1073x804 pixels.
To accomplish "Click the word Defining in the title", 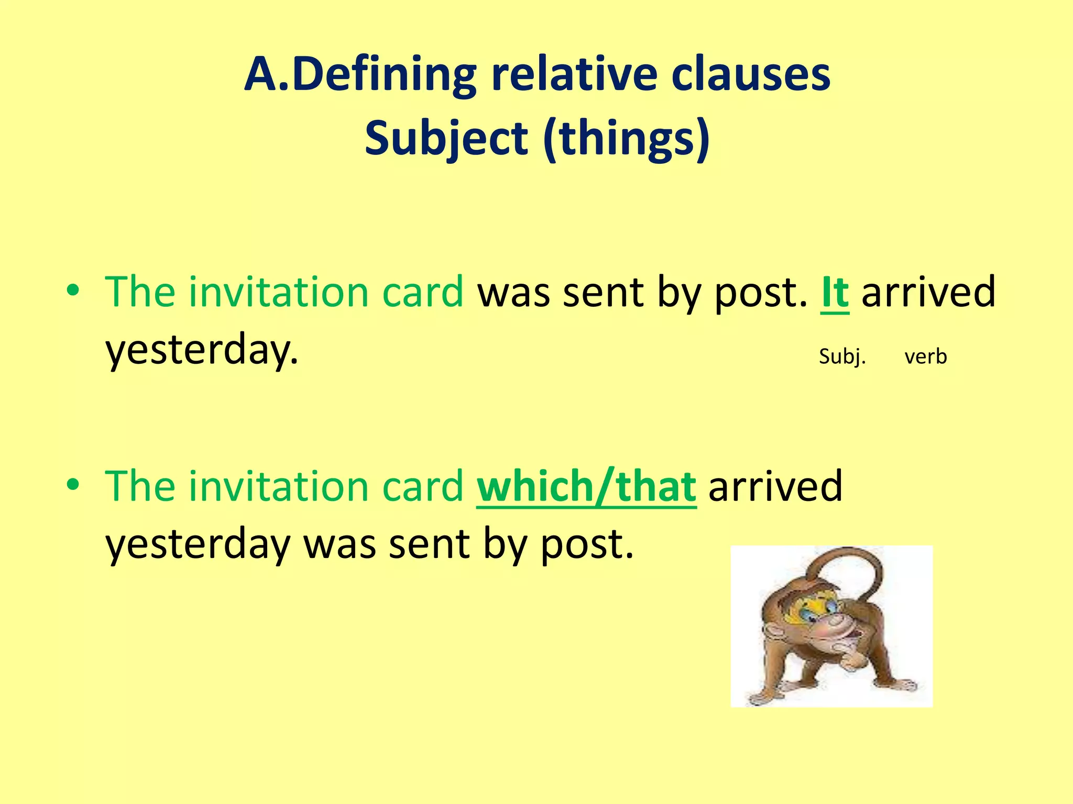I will click(384, 74).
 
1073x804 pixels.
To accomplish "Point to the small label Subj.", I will click(842, 356).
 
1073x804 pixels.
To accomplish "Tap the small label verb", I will click(925, 356).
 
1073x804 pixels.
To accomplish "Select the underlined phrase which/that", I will click(586, 486).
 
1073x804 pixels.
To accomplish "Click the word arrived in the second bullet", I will click(775, 486).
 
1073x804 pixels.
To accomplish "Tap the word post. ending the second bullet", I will click(587, 544).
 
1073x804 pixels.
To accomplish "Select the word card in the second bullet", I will click(422, 486).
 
